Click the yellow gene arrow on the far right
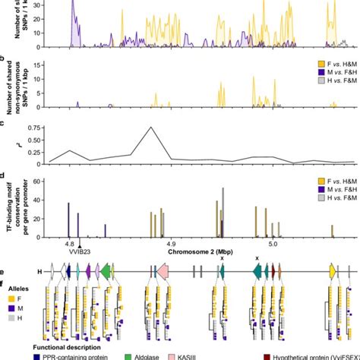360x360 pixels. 332,271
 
